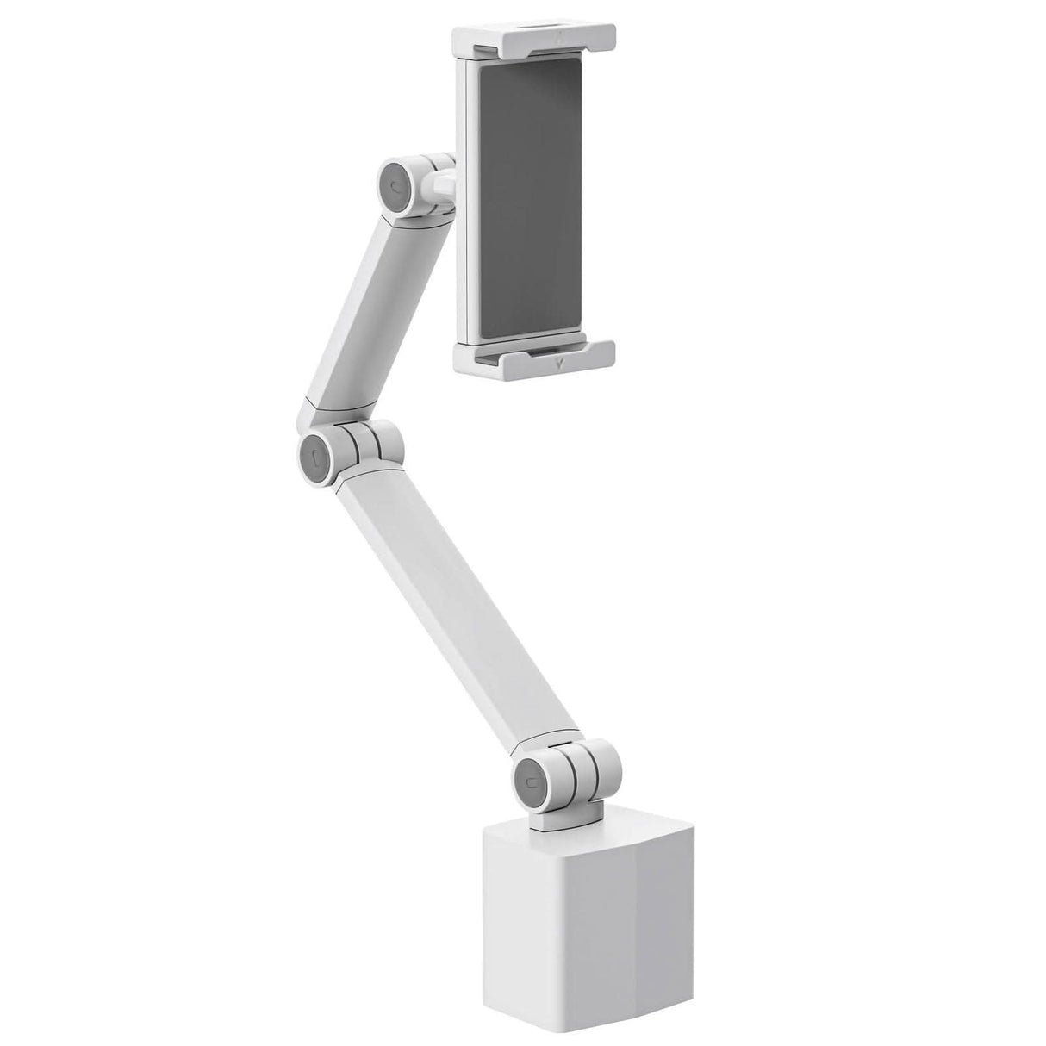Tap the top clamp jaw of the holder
point(534,36)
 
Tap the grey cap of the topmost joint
point(394,184)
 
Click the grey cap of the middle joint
point(315,451)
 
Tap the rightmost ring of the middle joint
point(390,441)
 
